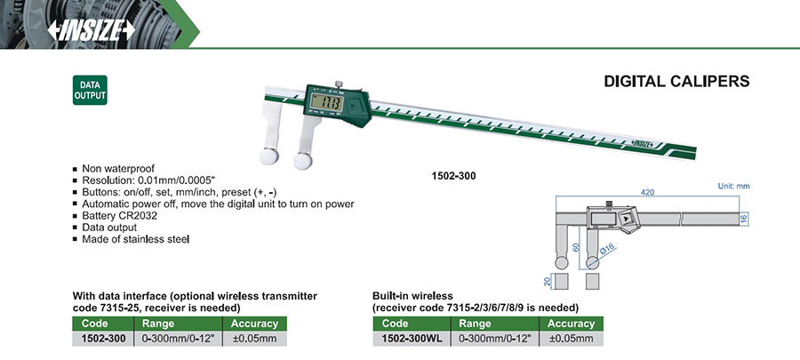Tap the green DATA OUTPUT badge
[89, 90]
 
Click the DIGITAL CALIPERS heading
[676, 81]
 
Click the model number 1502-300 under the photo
[453, 176]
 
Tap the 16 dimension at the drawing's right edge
[744, 218]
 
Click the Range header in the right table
[488, 324]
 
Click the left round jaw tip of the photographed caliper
[269, 156]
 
